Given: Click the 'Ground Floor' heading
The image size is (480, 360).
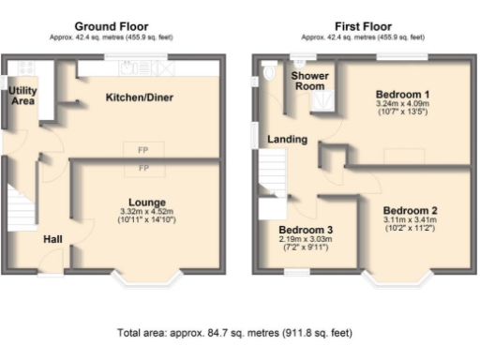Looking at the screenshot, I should tap(116, 26).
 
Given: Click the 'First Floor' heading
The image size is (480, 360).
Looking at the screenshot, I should tap(365, 26).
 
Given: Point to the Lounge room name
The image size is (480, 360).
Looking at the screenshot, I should tap(147, 202).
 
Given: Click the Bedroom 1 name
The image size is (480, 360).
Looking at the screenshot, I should tap(402, 96).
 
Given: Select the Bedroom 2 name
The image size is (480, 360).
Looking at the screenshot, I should tap(410, 210).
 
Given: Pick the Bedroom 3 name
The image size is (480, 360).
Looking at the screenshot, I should tap(306, 230).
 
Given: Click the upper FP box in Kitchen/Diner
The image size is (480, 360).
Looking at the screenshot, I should tap(144, 150).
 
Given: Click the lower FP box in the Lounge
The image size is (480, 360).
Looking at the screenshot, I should tap(144, 168).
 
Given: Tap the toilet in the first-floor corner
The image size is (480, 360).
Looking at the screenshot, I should tap(269, 73).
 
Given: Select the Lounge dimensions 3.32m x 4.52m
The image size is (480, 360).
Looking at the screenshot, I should tap(147, 212).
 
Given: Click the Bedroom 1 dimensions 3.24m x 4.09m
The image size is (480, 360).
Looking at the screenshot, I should tap(402, 106).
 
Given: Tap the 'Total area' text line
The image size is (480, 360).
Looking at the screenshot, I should tap(234, 333).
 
